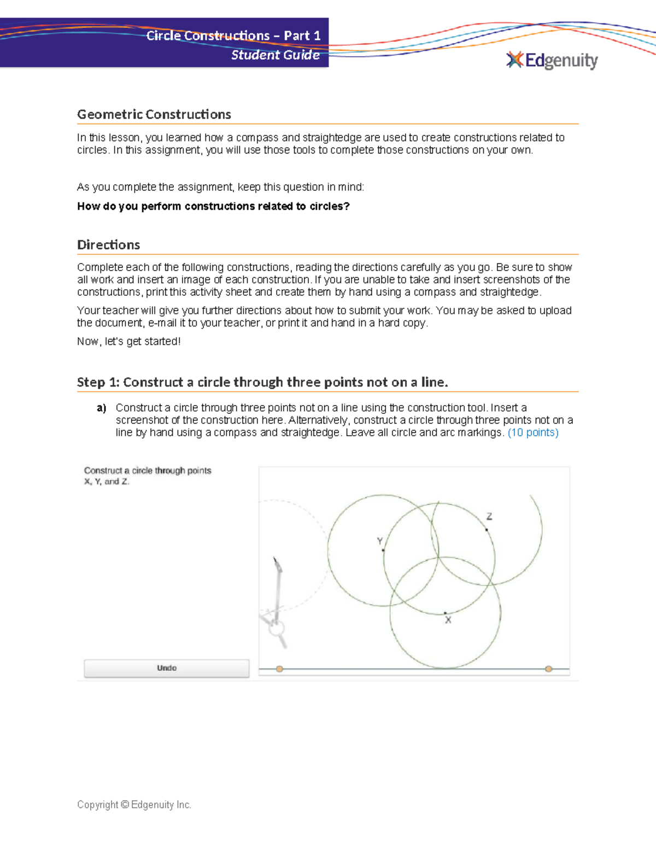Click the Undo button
click(166, 668)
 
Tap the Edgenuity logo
click(552, 60)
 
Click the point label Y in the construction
click(379, 541)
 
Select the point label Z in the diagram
click(489, 516)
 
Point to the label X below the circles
click(448, 620)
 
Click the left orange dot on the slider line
click(279, 669)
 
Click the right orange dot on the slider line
click(548, 669)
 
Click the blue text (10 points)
click(533, 432)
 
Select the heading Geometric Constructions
click(154, 114)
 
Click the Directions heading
click(108, 245)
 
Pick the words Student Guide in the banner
click(275, 55)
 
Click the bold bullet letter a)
click(101, 408)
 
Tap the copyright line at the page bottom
click(134, 804)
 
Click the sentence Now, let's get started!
click(128, 341)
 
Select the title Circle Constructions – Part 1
click(233, 36)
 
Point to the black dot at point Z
click(487, 529)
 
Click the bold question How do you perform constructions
click(213, 206)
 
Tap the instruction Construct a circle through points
click(148, 470)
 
